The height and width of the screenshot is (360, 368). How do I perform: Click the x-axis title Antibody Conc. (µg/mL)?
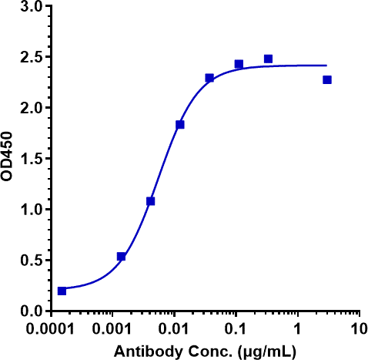[203, 351]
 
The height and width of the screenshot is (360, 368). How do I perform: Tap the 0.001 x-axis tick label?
[112, 328]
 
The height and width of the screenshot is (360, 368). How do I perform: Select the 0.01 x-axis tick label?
[174, 328]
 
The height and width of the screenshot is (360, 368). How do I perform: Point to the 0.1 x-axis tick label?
[236, 328]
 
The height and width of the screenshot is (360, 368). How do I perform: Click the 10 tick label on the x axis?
[358, 328]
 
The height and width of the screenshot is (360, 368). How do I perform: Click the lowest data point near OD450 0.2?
[62, 291]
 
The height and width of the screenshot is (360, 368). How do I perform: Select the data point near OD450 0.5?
[121, 256]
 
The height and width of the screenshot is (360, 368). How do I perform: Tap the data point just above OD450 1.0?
[150, 201]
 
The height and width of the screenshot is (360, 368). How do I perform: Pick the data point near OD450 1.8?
[180, 124]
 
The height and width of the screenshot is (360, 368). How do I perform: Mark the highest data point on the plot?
[268, 59]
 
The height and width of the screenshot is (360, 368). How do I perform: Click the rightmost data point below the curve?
[327, 79]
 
